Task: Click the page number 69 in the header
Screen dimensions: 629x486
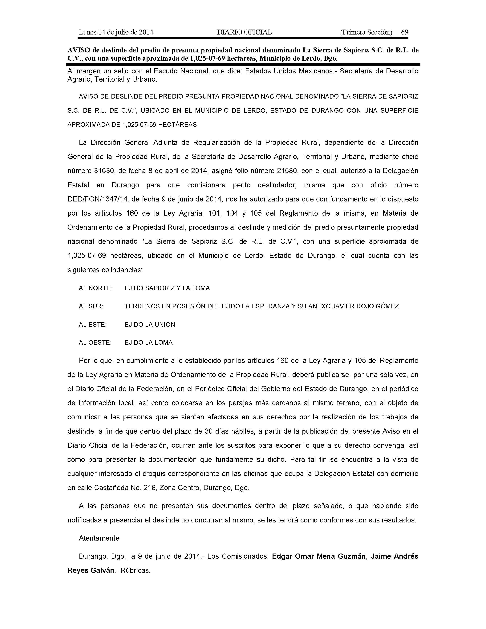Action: (404, 32)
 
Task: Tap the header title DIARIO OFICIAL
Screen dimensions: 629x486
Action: (244, 32)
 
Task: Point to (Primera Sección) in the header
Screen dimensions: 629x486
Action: (366, 32)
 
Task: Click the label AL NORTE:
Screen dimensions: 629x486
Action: (95, 288)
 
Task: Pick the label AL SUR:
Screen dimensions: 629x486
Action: (91, 306)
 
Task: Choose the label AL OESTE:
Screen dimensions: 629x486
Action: (95, 343)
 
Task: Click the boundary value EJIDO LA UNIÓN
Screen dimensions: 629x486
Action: (150, 325)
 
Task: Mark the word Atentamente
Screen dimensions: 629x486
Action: (99, 538)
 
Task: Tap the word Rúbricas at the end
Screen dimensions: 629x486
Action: (135, 570)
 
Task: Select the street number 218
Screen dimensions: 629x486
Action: (149, 488)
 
